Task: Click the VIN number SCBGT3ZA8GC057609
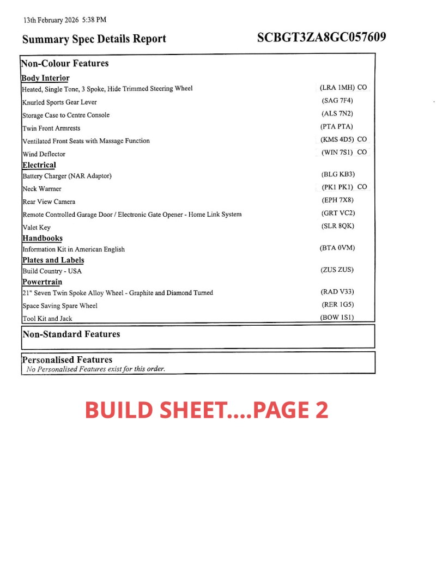point(322,38)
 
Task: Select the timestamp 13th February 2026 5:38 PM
point(64,20)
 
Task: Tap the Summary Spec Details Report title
point(94,39)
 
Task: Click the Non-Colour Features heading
point(65,63)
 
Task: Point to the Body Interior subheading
point(45,78)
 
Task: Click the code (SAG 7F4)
point(337,101)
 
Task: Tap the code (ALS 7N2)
point(337,114)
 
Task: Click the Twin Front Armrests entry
point(51,128)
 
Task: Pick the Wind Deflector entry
point(44,154)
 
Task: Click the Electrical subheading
point(39,165)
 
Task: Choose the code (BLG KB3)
point(338,174)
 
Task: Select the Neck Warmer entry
point(42,189)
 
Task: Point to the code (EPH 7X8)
point(337,200)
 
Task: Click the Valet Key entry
point(37,228)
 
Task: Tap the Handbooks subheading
point(42,238)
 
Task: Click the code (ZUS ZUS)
point(337,270)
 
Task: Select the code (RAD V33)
point(337,292)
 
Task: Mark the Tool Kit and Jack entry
point(47,319)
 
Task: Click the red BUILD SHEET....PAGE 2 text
point(207,410)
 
